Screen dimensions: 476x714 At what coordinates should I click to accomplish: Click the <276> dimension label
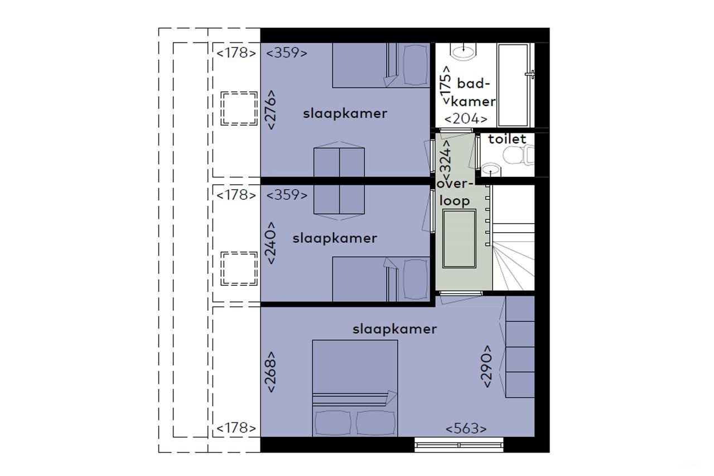272,110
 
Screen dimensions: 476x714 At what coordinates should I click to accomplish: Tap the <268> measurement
272,372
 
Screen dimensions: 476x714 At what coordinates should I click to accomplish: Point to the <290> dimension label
486,366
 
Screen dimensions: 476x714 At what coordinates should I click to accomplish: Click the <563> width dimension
466,429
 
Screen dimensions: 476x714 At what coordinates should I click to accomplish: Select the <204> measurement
466,119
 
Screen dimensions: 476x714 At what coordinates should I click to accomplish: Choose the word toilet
507,139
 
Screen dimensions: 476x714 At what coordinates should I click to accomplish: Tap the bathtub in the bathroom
515,85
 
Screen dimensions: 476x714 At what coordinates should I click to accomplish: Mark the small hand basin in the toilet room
490,169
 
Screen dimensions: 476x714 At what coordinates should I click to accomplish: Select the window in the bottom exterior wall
459,445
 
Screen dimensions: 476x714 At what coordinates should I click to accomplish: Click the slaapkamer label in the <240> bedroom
335,238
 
